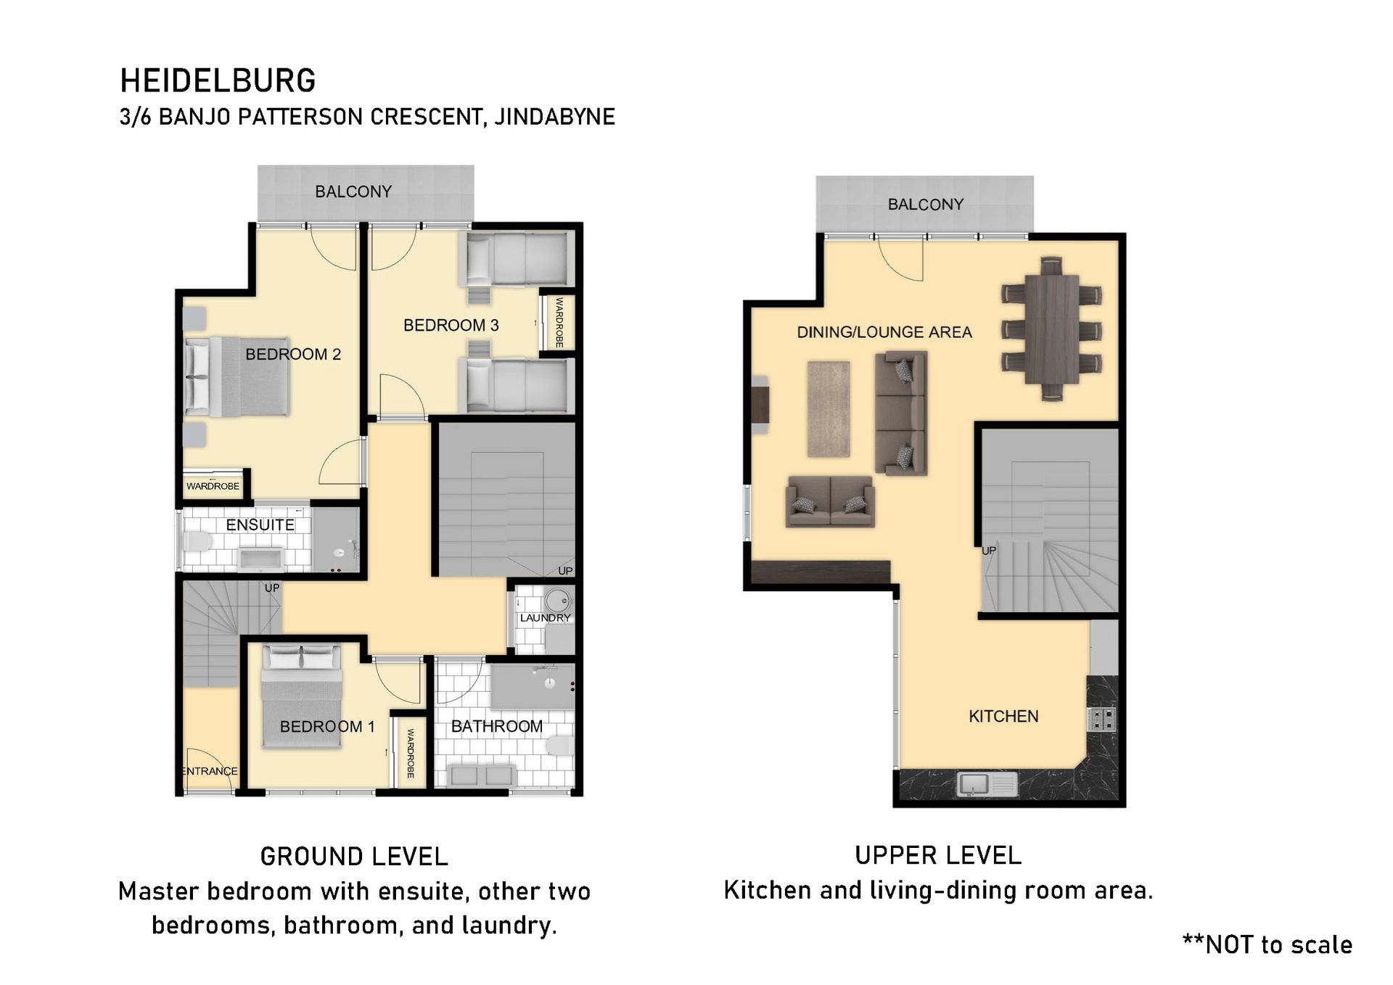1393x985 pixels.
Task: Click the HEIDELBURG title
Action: point(218,81)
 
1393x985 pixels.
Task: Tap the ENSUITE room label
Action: point(260,524)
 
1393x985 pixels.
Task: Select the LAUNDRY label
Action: point(545,618)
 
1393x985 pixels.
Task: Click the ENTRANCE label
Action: point(209,771)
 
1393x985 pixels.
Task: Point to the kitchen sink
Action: point(987,783)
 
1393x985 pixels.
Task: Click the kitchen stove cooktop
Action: point(1101,718)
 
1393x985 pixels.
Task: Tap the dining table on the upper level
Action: point(1051,329)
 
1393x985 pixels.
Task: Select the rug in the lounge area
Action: point(828,409)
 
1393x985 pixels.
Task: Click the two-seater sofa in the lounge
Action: point(830,500)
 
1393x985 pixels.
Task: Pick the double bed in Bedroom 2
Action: point(237,376)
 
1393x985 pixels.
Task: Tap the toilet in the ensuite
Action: point(196,541)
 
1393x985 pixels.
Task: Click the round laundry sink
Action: point(558,601)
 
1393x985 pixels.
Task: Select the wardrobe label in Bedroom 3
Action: point(559,322)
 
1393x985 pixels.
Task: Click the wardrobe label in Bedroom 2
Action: point(213,486)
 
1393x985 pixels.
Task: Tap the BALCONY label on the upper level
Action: point(926,205)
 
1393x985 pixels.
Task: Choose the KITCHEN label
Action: point(1003,717)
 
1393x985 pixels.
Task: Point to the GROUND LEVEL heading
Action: point(354,857)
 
